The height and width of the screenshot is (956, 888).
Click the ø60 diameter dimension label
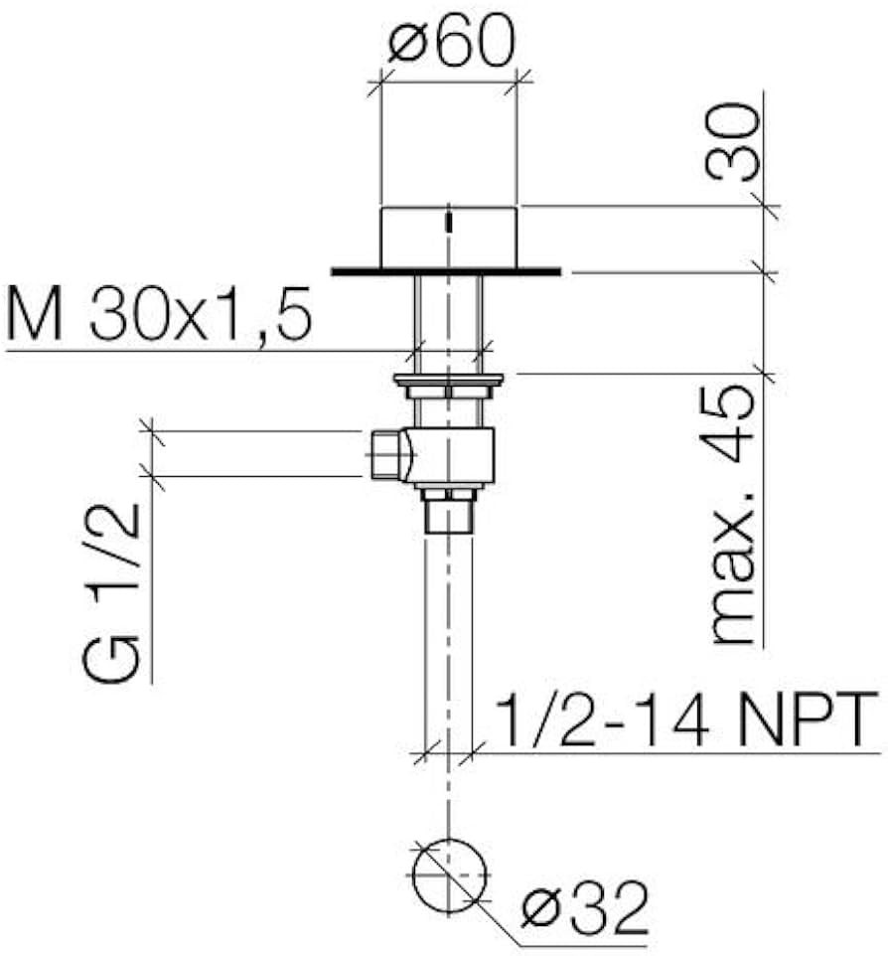click(452, 40)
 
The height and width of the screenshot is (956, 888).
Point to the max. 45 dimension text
click(733, 514)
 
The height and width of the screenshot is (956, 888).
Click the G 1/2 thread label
click(110, 593)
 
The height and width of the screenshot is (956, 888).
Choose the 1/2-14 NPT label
click(687, 719)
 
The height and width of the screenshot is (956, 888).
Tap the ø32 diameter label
click(584, 908)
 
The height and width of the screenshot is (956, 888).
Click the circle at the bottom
click(449, 876)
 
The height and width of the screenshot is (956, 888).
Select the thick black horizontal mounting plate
click(446, 271)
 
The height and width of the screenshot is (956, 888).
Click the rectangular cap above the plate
click(449, 238)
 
